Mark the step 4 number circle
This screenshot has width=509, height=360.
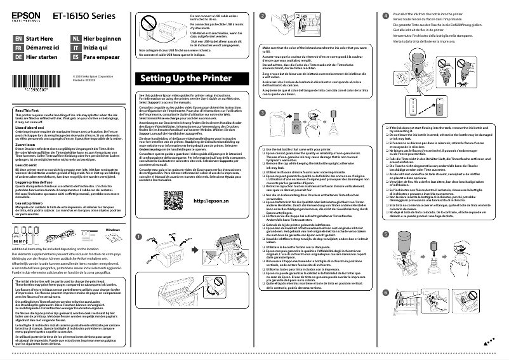click(387, 15)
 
